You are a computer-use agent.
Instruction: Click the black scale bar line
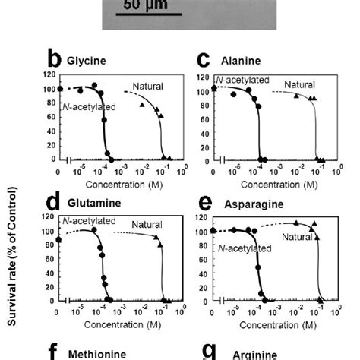tap(149, 14)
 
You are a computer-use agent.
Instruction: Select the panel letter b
tap(54, 58)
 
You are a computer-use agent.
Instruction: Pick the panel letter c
tap(203, 58)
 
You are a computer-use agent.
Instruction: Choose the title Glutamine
tap(90, 204)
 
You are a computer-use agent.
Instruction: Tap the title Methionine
tap(93, 353)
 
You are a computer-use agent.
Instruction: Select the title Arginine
tap(243, 353)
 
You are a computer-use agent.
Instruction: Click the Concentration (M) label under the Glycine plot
tap(119, 184)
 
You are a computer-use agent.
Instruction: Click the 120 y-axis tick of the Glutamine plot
tap(50, 219)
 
